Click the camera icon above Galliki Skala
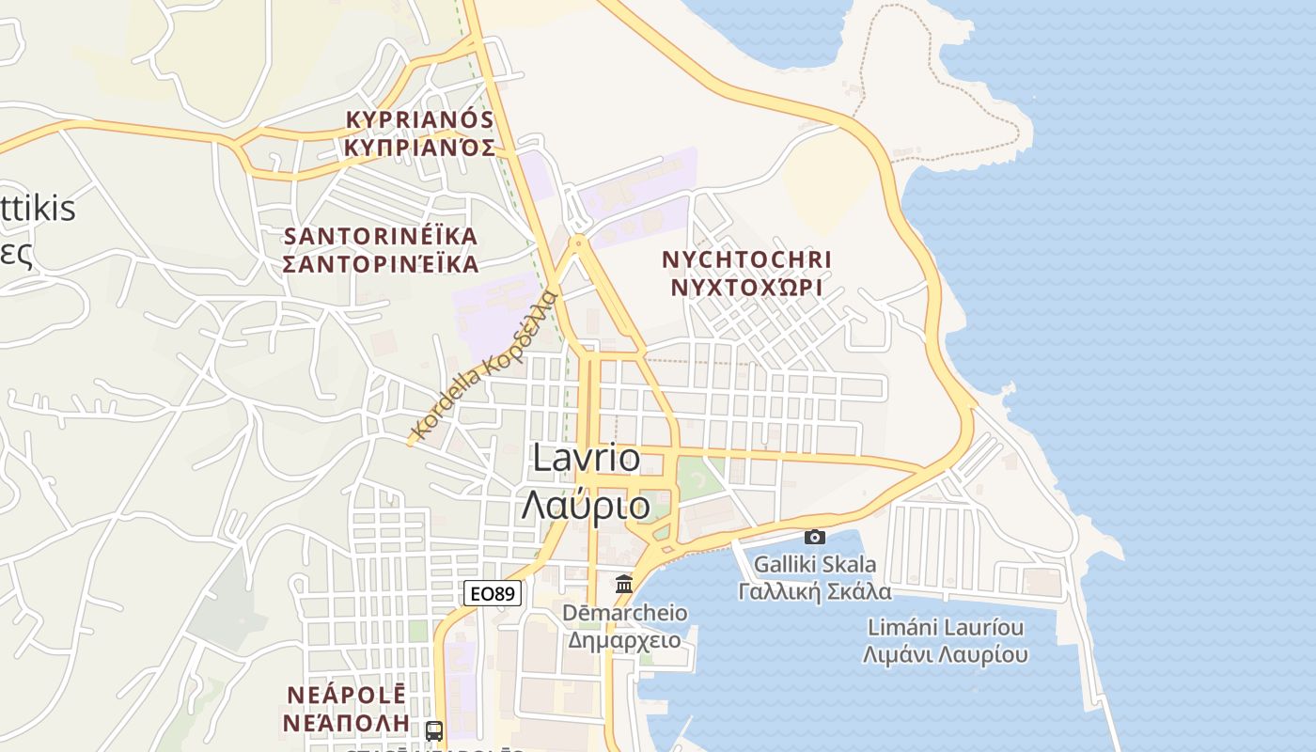click(815, 537)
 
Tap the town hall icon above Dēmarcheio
click(623, 585)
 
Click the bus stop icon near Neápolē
click(434, 730)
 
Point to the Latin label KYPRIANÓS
click(420, 120)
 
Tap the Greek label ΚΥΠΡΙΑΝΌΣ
click(420, 148)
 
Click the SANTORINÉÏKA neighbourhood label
click(381, 236)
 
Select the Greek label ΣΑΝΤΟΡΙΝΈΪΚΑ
click(381, 263)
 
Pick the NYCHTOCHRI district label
click(747, 259)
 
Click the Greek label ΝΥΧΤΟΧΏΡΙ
click(747, 288)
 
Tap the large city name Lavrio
click(587, 459)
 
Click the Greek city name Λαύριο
click(586, 506)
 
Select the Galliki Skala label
click(815, 565)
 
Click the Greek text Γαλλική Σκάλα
click(815, 591)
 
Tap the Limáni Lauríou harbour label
click(946, 627)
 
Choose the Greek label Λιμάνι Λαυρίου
click(946, 654)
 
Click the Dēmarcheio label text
click(625, 613)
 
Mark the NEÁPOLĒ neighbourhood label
click(345, 696)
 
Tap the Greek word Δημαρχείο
click(625, 640)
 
